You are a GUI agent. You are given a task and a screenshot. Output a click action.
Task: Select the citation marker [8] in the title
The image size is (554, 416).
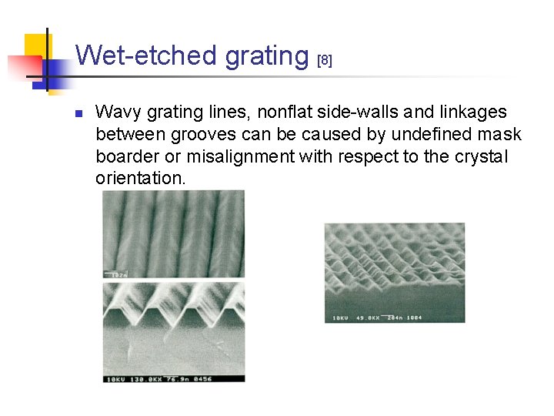coord(325,60)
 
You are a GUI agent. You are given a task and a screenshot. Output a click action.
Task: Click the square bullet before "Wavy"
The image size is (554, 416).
coord(78,113)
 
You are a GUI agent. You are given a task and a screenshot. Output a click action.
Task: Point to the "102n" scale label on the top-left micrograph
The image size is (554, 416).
coord(118,273)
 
